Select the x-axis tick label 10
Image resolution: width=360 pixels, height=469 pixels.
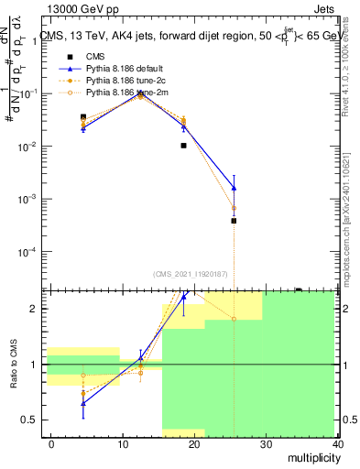(123, 443)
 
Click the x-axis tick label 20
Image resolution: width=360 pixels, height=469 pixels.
(194, 443)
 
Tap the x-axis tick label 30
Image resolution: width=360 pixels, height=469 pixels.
(267, 443)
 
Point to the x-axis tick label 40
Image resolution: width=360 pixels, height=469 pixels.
(338, 443)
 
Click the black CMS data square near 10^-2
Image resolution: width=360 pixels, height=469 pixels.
(183, 145)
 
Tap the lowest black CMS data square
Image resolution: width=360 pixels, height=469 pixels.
(234, 221)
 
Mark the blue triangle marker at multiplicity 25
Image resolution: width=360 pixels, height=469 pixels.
(234, 188)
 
